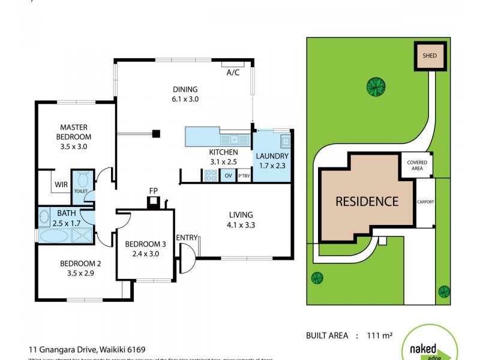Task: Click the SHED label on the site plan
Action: pyautogui.click(x=429, y=57)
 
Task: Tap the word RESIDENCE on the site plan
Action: pyautogui.click(x=366, y=202)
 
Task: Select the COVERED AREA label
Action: pyautogui.click(x=417, y=165)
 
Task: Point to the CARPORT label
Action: pyautogui.click(x=425, y=202)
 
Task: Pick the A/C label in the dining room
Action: pyautogui.click(x=233, y=73)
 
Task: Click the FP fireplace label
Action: pyautogui.click(x=154, y=191)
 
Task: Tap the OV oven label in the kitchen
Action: pyautogui.click(x=228, y=176)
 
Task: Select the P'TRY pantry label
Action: pyautogui.click(x=244, y=176)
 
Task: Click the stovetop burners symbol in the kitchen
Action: pyautogui.click(x=211, y=176)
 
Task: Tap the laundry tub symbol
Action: pyautogui.click(x=286, y=142)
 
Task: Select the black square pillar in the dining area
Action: pyautogui.click(x=156, y=134)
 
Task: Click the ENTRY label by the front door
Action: pyautogui.click(x=187, y=238)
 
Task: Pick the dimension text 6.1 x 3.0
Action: pyautogui.click(x=185, y=100)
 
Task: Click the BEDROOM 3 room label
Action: pyautogui.click(x=145, y=244)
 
